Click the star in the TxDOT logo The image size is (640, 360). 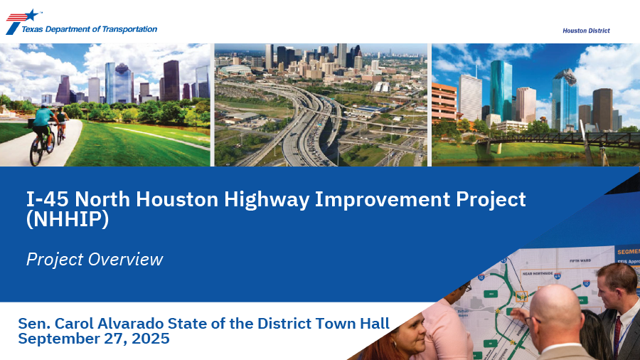pyautogui.click(x=31, y=15)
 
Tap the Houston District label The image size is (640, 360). pyautogui.click(x=586, y=31)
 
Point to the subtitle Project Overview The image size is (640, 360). pyautogui.click(x=95, y=260)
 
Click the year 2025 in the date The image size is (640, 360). pyautogui.click(x=150, y=339)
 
